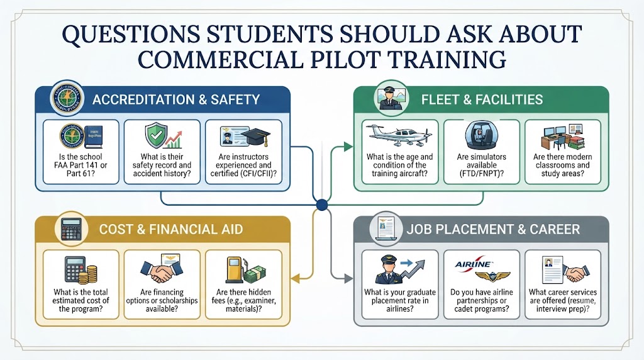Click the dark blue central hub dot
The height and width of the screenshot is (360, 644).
coord(322,205)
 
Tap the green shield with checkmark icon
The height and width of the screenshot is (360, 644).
coord(154,135)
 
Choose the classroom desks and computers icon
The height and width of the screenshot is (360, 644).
coord(563,137)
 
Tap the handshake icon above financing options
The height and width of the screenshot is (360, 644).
coord(162,269)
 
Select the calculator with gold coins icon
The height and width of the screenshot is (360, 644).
coord(81,270)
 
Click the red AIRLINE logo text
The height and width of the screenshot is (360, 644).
coord(473,264)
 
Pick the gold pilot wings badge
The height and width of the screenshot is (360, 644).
coord(492,276)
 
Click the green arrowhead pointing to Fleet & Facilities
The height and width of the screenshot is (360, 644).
coord(348,146)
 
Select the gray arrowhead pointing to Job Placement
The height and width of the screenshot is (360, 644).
coord(348,279)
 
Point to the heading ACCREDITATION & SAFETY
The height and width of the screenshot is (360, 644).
coord(176,99)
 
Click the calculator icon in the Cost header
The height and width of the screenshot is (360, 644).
coord(72,229)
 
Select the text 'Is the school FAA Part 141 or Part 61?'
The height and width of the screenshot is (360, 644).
coord(80,165)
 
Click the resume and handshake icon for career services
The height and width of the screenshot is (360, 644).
coord(565,270)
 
